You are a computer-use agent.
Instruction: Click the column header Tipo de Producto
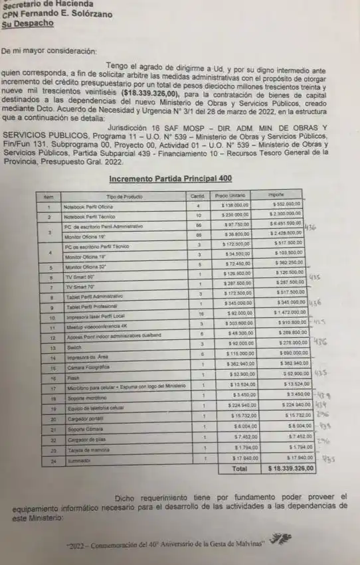coord(124,197)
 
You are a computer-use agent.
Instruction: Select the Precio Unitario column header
coord(230,196)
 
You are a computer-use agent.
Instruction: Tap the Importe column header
coord(276,196)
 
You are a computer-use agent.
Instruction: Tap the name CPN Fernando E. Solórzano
coord(57,14)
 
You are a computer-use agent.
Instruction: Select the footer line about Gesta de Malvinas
coord(165,545)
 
